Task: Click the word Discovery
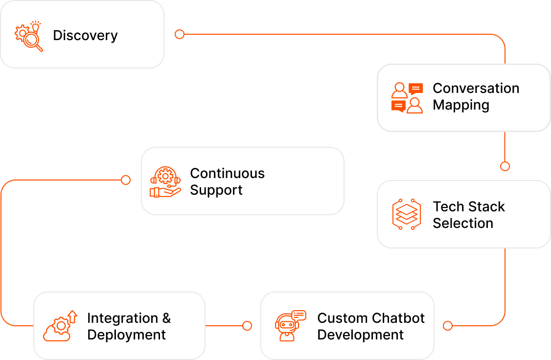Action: (85, 36)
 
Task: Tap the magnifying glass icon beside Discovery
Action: (29, 36)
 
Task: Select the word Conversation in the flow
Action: (476, 88)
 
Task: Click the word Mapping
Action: (460, 105)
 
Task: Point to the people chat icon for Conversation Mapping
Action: (407, 98)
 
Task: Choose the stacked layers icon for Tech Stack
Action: (406, 214)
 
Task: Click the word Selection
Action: (462, 223)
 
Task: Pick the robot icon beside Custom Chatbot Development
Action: (289, 326)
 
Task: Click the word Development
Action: (360, 335)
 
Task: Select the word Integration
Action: (122, 318)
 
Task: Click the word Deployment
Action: (126, 335)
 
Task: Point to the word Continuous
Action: (227, 173)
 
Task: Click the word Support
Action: (216, 190)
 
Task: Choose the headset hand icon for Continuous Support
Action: (165, 181)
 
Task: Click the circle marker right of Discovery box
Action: (180, 34)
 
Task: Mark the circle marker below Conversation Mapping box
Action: (505, 166)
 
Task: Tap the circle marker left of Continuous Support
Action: (126, 180)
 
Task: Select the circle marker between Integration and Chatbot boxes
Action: (247, 326)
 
